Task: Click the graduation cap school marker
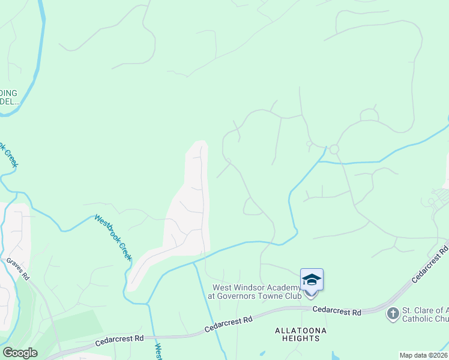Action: tap(312, 280)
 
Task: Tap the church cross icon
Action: tap(393, 313)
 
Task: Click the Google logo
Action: tap(20, 353)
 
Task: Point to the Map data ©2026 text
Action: tap(423, 355)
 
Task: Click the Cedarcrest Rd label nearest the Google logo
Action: tap(119, 340)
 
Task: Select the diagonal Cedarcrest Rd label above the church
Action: tap(430, 264)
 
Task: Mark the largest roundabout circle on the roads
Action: tap(334, 149)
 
